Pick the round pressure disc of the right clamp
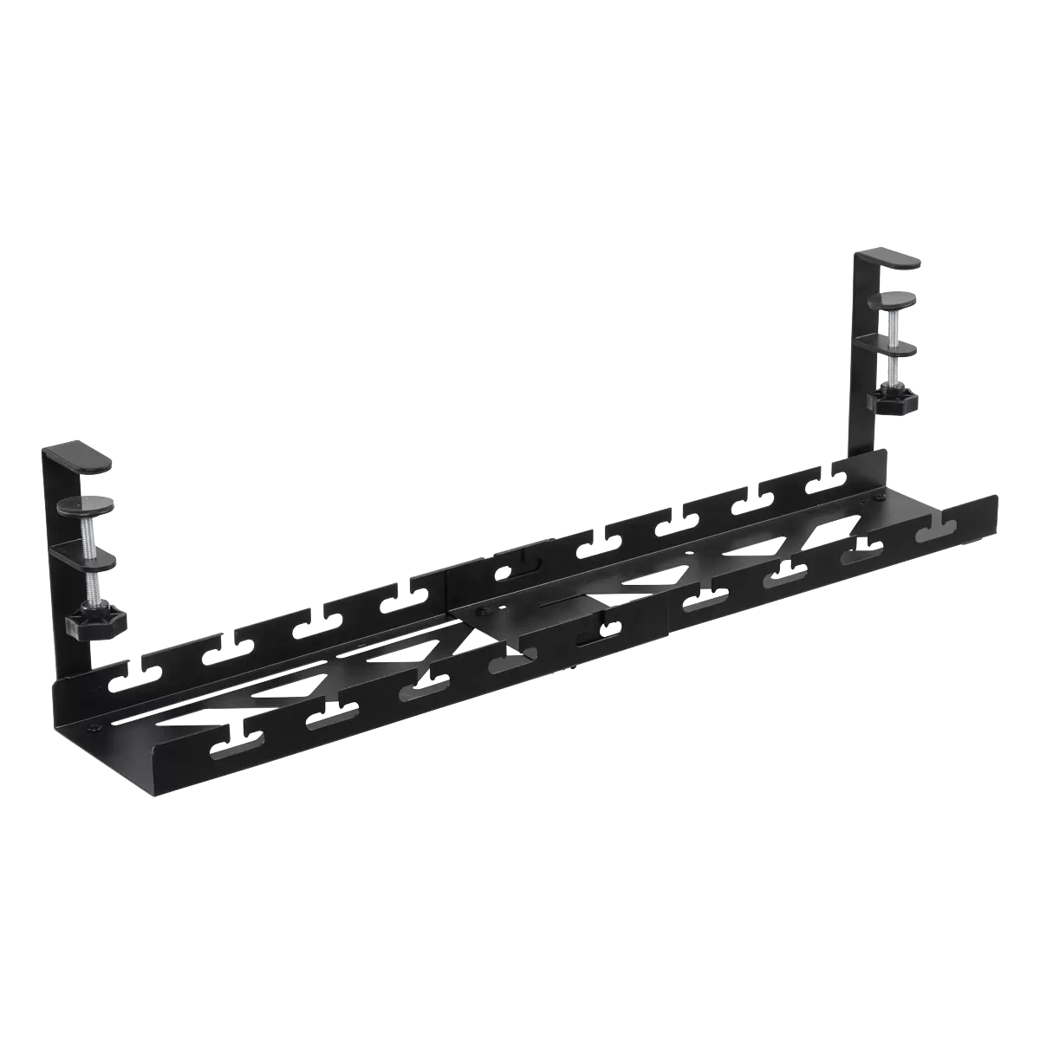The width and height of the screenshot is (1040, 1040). [x=894, y=300]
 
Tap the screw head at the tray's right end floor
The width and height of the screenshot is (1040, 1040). [x=879, y=498]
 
